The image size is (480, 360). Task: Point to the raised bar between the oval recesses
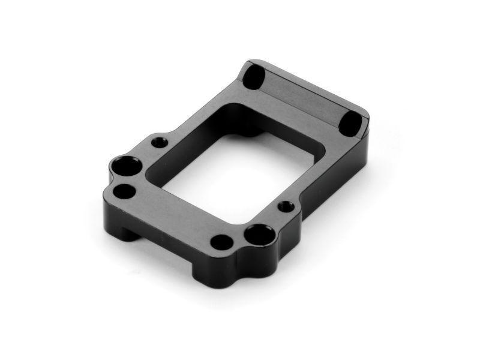pos(303,96)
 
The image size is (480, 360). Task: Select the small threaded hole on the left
pos(159,143)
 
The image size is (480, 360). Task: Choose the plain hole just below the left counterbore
pos(124,191)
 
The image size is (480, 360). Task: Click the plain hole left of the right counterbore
pos(221,242)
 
